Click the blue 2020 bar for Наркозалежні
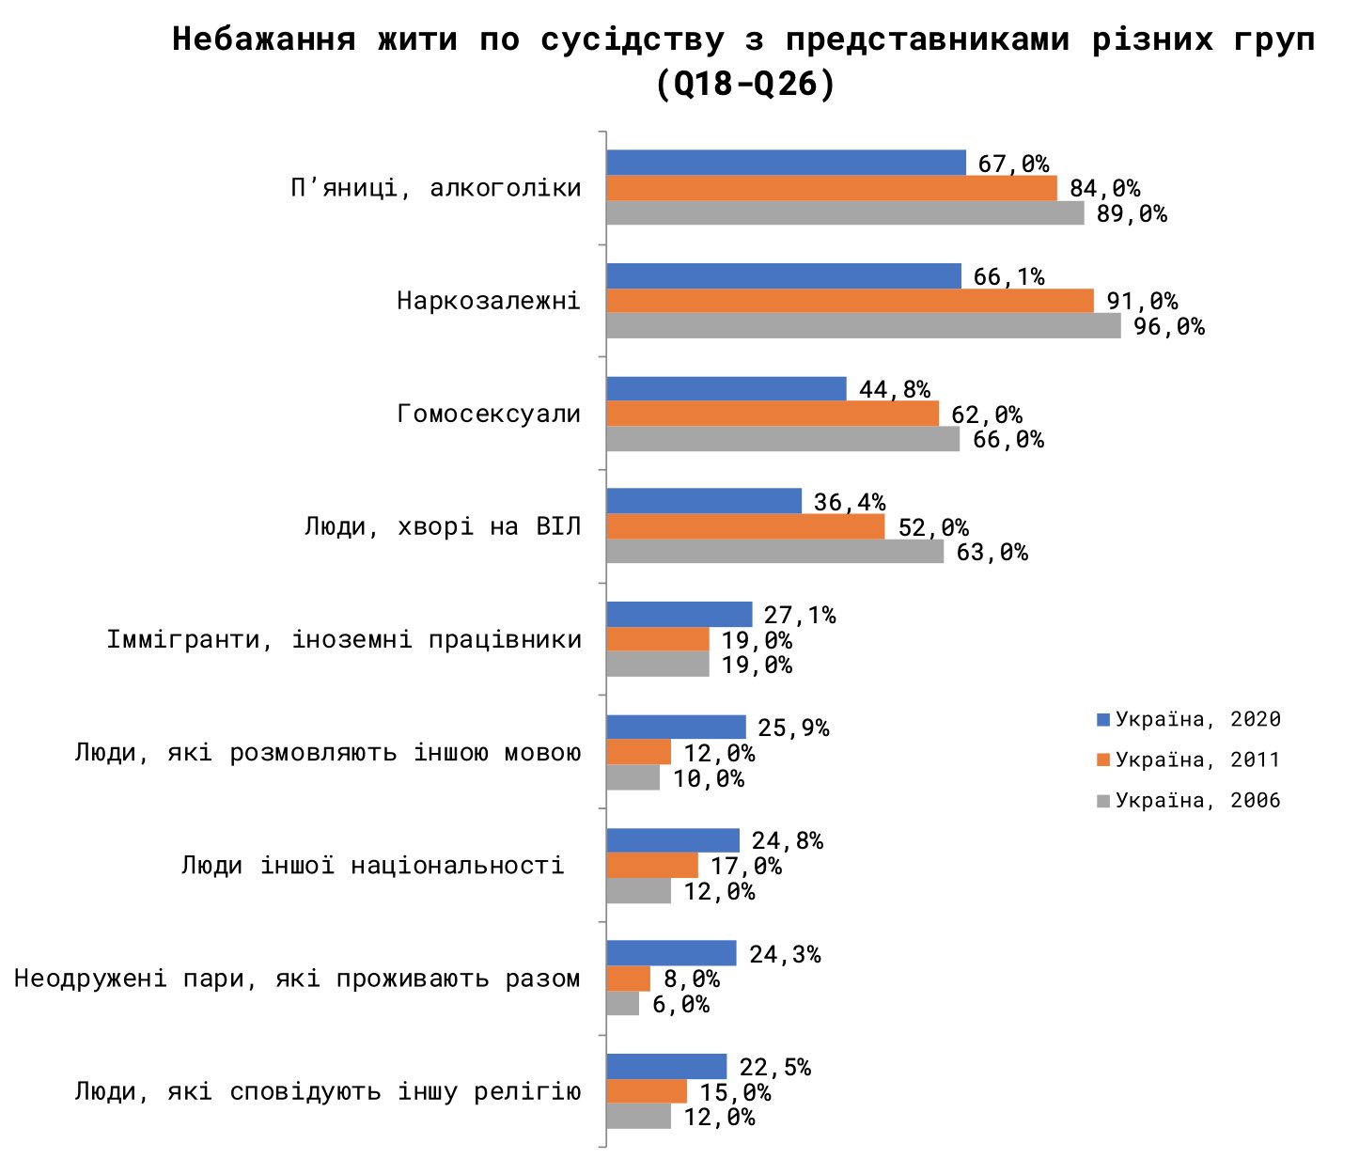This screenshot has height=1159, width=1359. click(783, 275)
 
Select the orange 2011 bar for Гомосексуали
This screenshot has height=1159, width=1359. click(772, 414)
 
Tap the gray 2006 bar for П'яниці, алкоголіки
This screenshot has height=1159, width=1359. click(844, 213)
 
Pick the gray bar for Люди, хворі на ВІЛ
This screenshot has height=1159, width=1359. click(774, 552)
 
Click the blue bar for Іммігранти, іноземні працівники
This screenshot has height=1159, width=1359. click(679, 615)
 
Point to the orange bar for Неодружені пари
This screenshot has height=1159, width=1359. click(628, 979)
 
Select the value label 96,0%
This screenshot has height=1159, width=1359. click(1168, 327)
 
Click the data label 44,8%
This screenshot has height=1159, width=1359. click(894, 389)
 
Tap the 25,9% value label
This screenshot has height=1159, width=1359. click(793, 728)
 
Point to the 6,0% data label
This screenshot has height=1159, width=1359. click(680, 1005)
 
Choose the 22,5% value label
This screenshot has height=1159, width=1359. click(774, 1067)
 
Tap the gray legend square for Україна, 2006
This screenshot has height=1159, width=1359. click(1103, 801)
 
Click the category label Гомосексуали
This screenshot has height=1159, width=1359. click(489, 414)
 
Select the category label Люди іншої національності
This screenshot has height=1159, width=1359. click(372, 865)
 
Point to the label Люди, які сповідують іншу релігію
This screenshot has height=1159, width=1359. click(327, 1091)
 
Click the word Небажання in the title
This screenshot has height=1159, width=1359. click(264, 39)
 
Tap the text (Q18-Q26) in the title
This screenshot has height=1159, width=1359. click(744, 85)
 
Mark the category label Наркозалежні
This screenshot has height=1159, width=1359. click(489, 301)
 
